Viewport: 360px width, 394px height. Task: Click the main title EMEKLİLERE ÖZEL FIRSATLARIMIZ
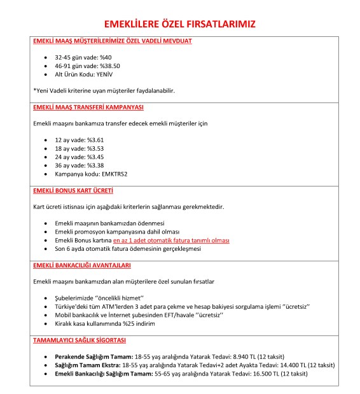180,25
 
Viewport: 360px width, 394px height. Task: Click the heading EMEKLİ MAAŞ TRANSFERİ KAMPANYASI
88,106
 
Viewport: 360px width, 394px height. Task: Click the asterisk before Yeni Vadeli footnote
34,90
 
